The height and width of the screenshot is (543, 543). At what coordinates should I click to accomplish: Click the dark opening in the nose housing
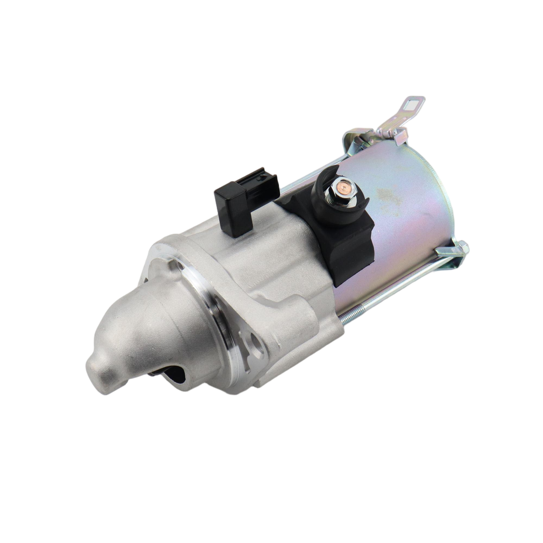(171, 375)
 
